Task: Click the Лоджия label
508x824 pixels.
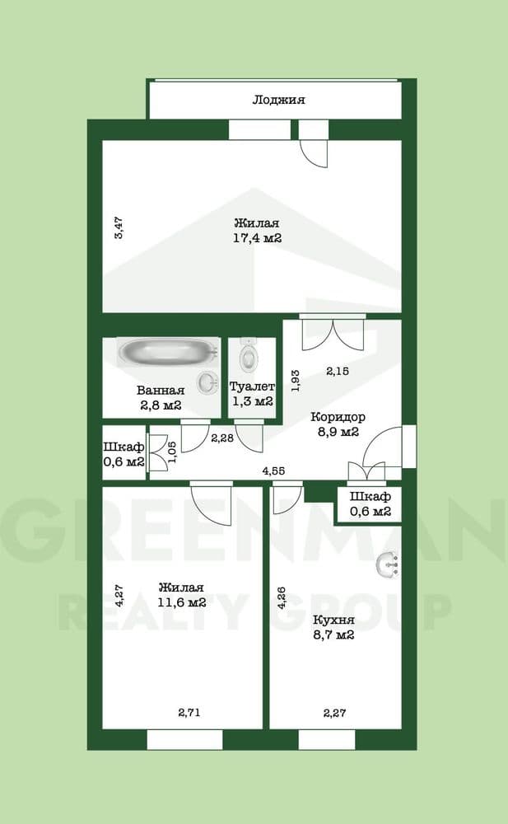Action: (278, 100)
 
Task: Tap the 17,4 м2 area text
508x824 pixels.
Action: (257, 238)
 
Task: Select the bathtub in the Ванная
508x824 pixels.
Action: (167, 353)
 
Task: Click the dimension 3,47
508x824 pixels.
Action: (119, 227)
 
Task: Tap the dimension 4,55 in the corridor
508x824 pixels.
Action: (274, 471)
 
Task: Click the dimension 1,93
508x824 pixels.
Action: (295, 378)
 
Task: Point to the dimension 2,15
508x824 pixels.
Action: (338, 372)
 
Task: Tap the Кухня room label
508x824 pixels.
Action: (333, 620)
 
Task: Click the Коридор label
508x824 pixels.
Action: (338, 417)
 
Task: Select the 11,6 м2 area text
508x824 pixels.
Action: (181, 602)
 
